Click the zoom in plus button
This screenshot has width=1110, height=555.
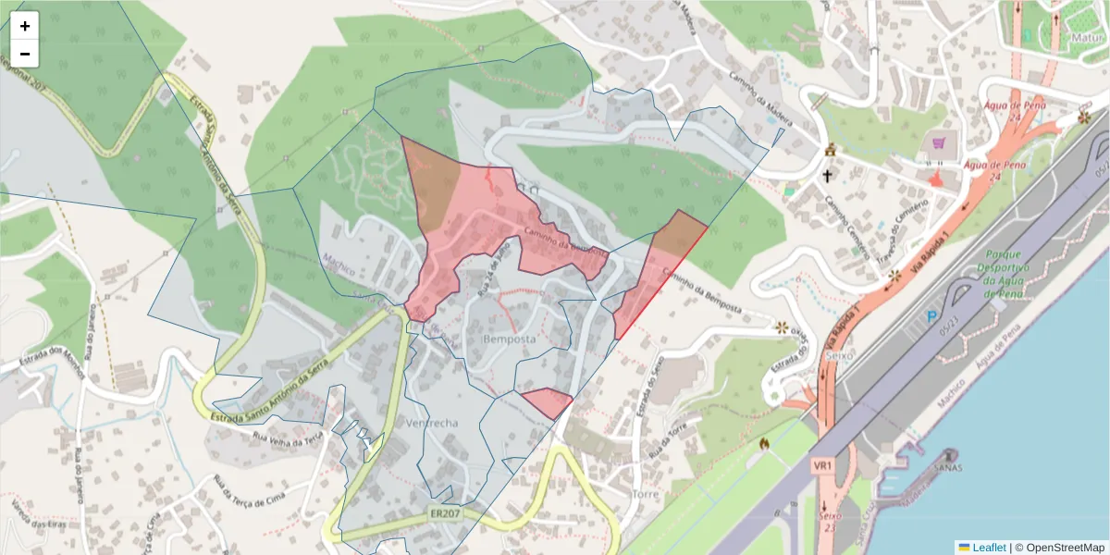[24, 26]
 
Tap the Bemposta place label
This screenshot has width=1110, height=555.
[510, 339]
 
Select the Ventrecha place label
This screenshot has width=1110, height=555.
[431, 423]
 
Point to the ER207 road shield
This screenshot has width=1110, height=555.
[445, 513]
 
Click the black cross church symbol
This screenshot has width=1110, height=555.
[827, 174]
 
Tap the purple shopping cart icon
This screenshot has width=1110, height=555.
[941, 143]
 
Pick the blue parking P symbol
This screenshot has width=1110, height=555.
[931, 316]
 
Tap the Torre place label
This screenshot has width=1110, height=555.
[645, 494]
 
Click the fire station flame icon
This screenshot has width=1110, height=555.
[764, 444]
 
